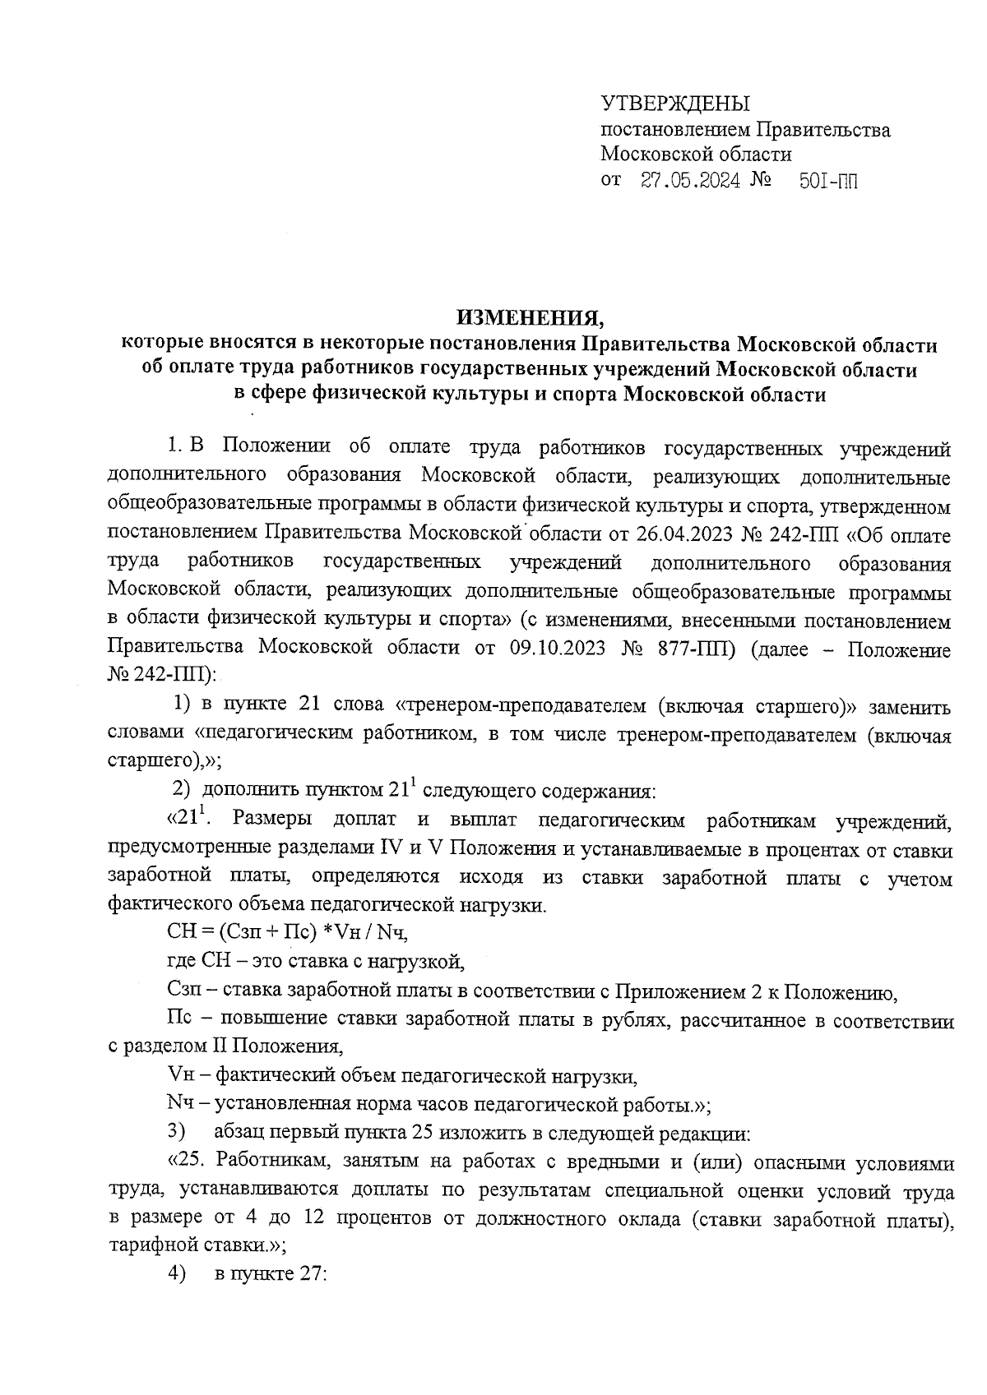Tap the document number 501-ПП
point(827,181)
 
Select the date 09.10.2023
point(558,648)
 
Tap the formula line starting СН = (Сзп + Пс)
point(287,934)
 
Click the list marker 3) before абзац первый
point(175,1131)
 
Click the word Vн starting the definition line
point(178,1075)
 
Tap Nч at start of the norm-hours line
point(178,1103)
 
